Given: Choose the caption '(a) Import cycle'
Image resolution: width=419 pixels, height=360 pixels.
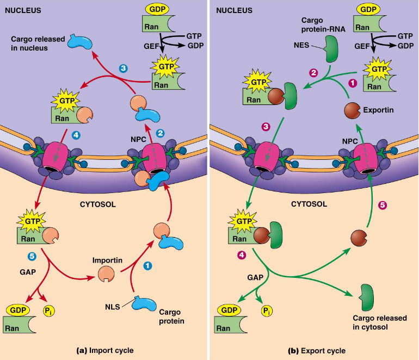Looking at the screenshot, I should (x=104, y=350).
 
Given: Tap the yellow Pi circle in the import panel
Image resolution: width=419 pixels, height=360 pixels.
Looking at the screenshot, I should (x=50, y=311).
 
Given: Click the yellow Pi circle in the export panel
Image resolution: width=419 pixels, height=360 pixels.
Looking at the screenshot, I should (x=266, y=311).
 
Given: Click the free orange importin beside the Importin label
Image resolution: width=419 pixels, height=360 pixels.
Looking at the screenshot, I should (x=106, y=275).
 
